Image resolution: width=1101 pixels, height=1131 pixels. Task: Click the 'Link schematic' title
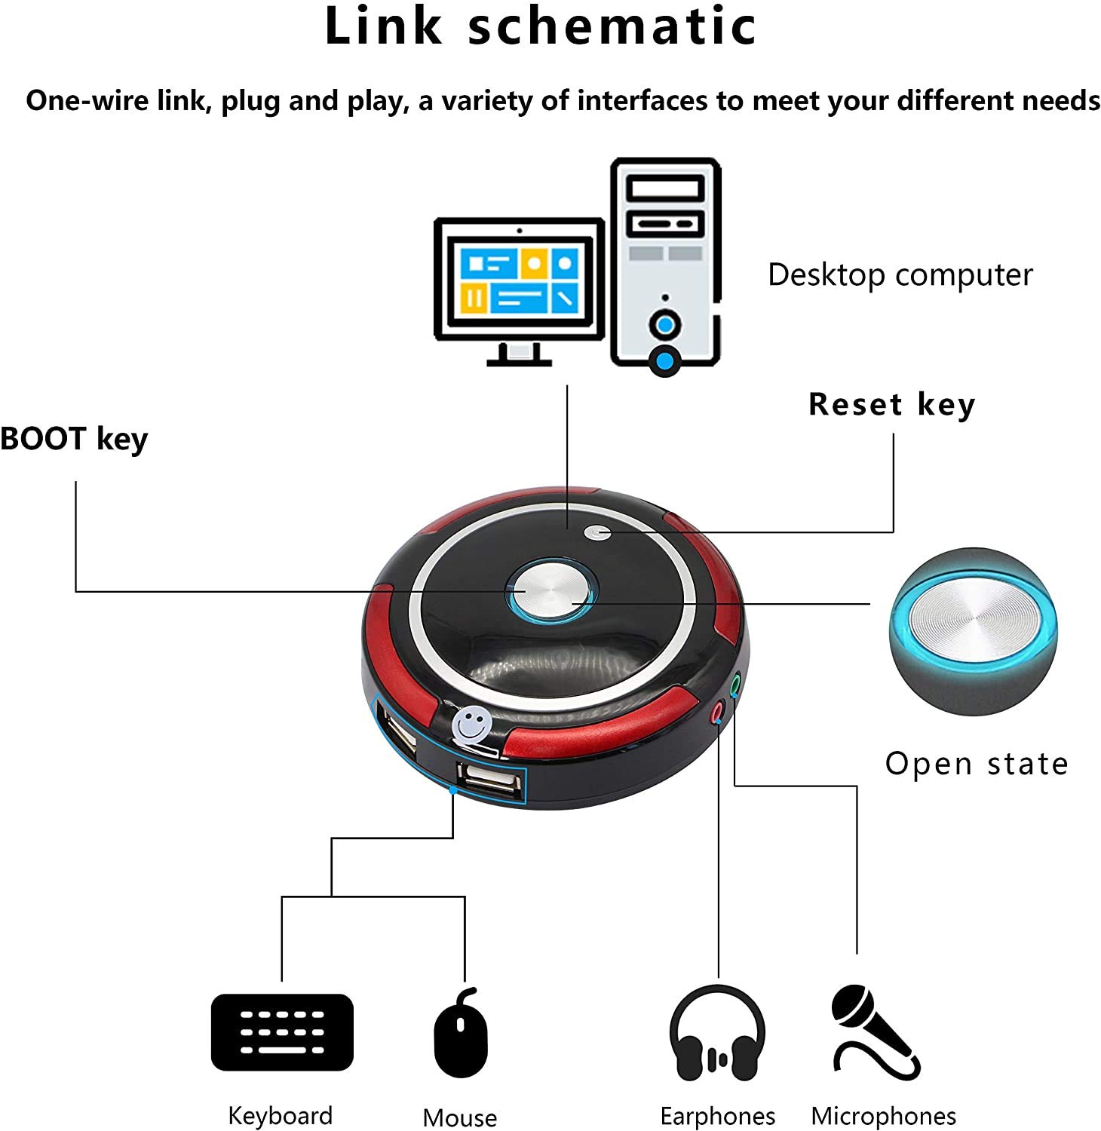(541, 26)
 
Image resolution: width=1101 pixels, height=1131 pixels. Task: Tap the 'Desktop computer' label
(900, 275)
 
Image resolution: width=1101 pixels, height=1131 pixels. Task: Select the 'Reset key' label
(892, 405)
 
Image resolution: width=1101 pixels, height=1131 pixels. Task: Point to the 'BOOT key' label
(74, 439)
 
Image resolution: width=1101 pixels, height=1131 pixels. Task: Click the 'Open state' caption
(977, 764)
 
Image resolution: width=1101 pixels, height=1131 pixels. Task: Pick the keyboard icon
(282, 1032)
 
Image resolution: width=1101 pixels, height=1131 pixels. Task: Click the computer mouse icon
(461, 1032)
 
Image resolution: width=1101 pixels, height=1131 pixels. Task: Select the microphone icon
(876, 1032)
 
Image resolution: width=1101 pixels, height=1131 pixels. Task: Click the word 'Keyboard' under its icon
(280, 1115)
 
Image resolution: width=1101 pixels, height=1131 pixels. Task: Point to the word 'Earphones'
(717, 1116)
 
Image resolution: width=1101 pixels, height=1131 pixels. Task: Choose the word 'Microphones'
(883, 1116)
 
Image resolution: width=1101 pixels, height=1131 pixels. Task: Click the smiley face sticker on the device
(473, 726)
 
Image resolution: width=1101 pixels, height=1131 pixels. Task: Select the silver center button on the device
(552, 590)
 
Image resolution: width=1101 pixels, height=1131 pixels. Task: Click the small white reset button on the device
(597, 533)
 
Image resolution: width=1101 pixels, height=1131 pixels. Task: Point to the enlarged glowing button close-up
(973, 632)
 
